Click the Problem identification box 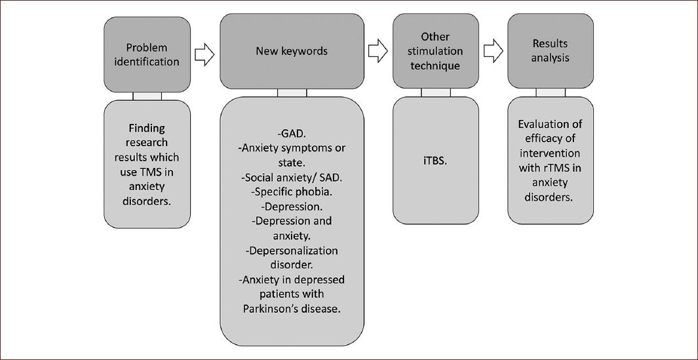tap(147, 54)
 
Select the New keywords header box tap(292, 51)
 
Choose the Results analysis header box tap(550, 51)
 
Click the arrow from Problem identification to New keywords tap(205, 54)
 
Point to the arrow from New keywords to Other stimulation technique tap(378, 50)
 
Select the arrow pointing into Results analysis tap(494, 50)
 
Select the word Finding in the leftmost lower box tap(147, 127)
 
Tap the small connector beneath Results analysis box tap(550, 92)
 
